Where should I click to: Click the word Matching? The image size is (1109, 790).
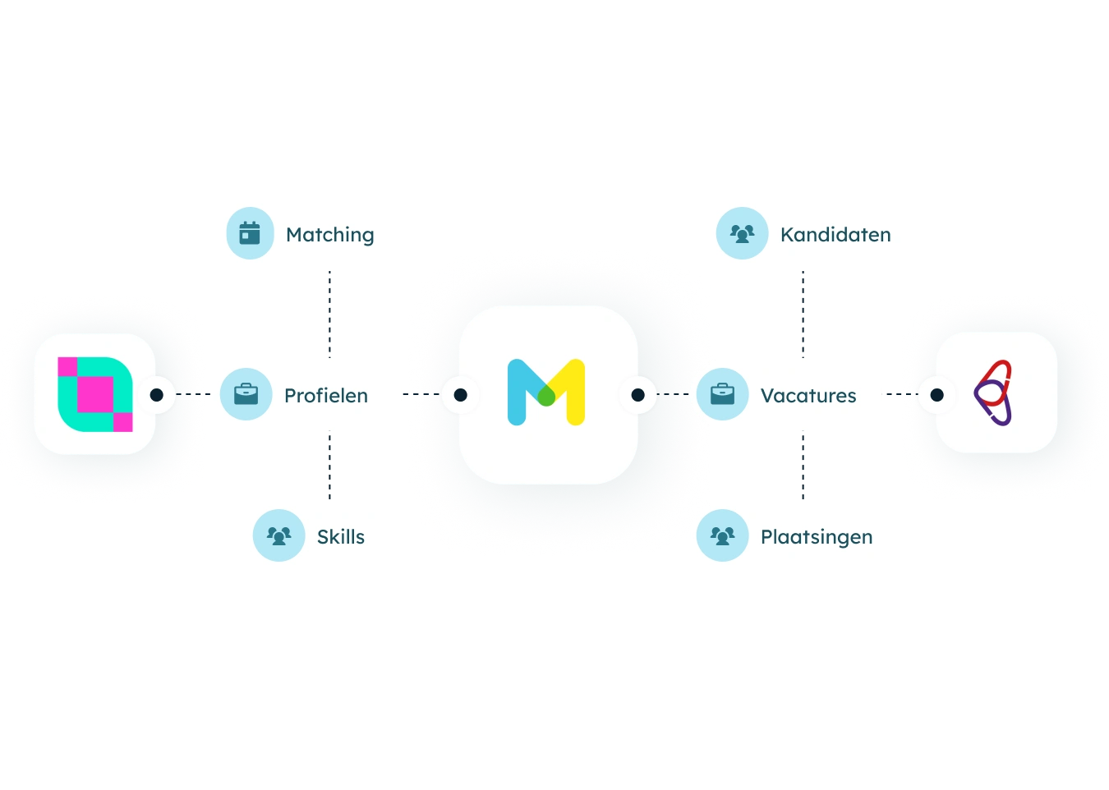pos(329,235)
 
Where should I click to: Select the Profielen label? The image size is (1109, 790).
pos(326,396)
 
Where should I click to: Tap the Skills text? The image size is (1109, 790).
pos(341,536)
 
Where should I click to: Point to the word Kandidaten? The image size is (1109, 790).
pos(835,235)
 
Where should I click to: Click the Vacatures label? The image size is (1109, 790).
pos(808,396)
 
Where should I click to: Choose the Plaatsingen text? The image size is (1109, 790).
pos(817,537)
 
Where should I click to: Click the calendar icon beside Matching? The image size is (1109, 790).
pos(250,233)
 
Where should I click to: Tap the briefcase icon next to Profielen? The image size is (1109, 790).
pos(246,394)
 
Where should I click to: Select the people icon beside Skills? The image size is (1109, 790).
pos(278,535)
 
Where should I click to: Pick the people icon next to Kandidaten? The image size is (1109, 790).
pos(742,233)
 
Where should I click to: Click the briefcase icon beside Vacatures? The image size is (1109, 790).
pos(722,394)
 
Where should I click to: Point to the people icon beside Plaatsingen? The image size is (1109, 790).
pos(722,535)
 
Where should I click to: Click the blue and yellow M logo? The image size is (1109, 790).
pos(546,392)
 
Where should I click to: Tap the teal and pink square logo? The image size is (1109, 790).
pos(95,394)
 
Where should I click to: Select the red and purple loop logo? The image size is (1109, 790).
pos(992,393)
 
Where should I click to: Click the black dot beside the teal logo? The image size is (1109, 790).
pos(156,395)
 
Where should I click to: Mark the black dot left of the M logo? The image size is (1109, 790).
pos(460,395)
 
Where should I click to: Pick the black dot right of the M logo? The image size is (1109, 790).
pos(637,395)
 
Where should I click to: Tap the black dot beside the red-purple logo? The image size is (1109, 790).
pos(936,395)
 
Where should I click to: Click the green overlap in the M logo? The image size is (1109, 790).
pos(546,397)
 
